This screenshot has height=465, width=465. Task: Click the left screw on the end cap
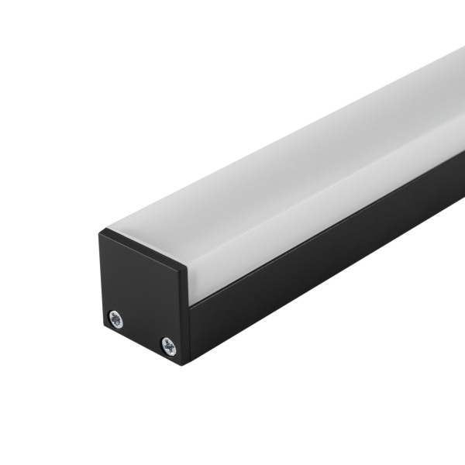[x=115, y=317]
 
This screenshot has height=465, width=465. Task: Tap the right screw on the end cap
[x=168, y=346]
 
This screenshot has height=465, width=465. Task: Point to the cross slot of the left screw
[x=115, y=317]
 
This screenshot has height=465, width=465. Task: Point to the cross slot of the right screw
[x=168, y=346]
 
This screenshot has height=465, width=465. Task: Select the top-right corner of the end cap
[x=186, y=267]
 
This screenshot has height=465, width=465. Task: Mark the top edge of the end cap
[x=143, y=248]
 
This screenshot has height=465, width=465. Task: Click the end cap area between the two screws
[x=142, y=332]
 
